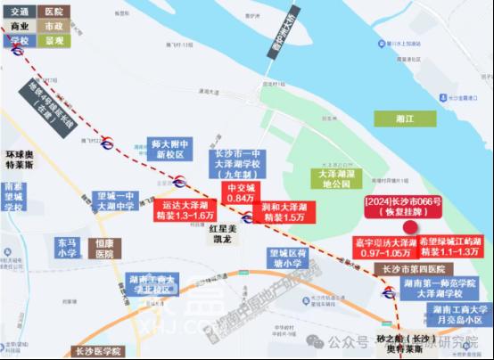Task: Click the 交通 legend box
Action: click(x=19, y=12)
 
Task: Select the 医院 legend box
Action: click(x=54, y=12)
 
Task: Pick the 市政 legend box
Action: click(x=54, y=26)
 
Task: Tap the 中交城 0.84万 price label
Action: click(x=244, y=192)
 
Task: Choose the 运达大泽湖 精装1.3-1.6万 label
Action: click(x=183, y=209)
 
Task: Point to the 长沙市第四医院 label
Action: click(x=413, y=268)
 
